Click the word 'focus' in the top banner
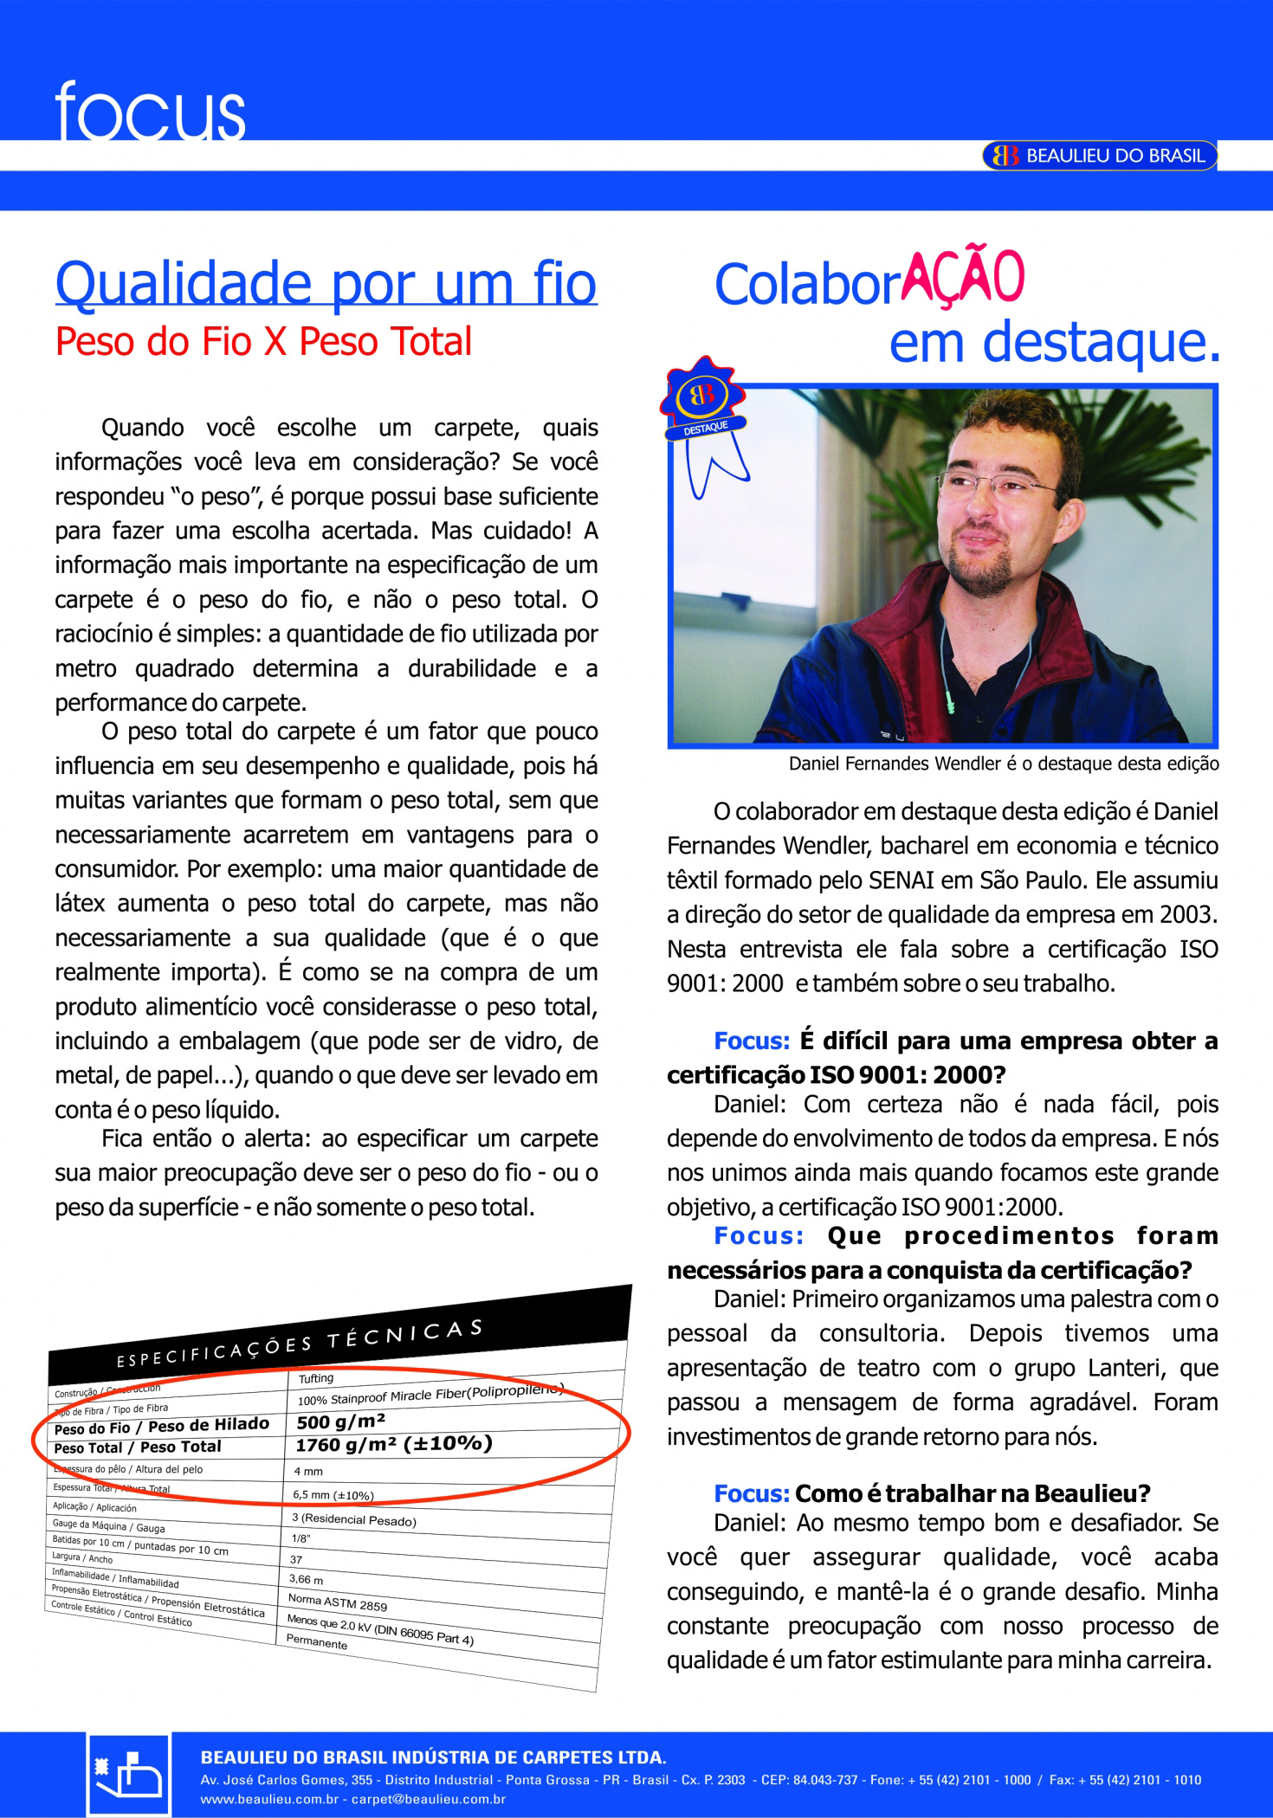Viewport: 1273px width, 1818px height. pos(150,112)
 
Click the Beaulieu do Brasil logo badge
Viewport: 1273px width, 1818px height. pos(1099,156)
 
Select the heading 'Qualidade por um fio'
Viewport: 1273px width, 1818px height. pos(326,284)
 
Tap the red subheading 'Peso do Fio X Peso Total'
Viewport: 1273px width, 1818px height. pos(263,342)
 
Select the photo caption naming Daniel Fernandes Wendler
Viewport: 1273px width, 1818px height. pos(1003,764)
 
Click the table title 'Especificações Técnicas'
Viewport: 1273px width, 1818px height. pos(299,1344)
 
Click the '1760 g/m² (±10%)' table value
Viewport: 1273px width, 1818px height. pos(393,1444)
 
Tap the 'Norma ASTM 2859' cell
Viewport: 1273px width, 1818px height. pos(337,1602)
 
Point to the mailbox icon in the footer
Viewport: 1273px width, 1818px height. pos(129,1775)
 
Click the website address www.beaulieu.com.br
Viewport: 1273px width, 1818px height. pos(269,1799)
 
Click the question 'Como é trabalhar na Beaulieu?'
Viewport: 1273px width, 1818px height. pos(972,1493)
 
